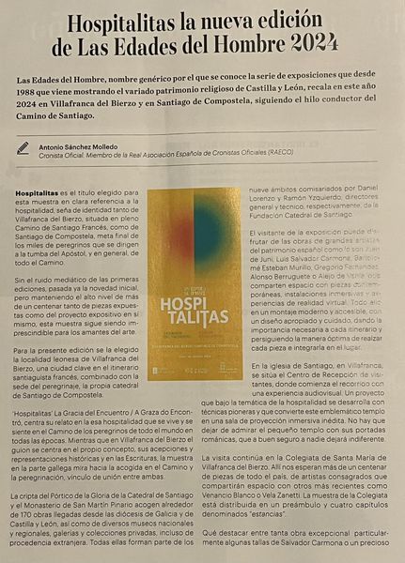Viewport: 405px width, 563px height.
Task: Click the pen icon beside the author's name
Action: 23,148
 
